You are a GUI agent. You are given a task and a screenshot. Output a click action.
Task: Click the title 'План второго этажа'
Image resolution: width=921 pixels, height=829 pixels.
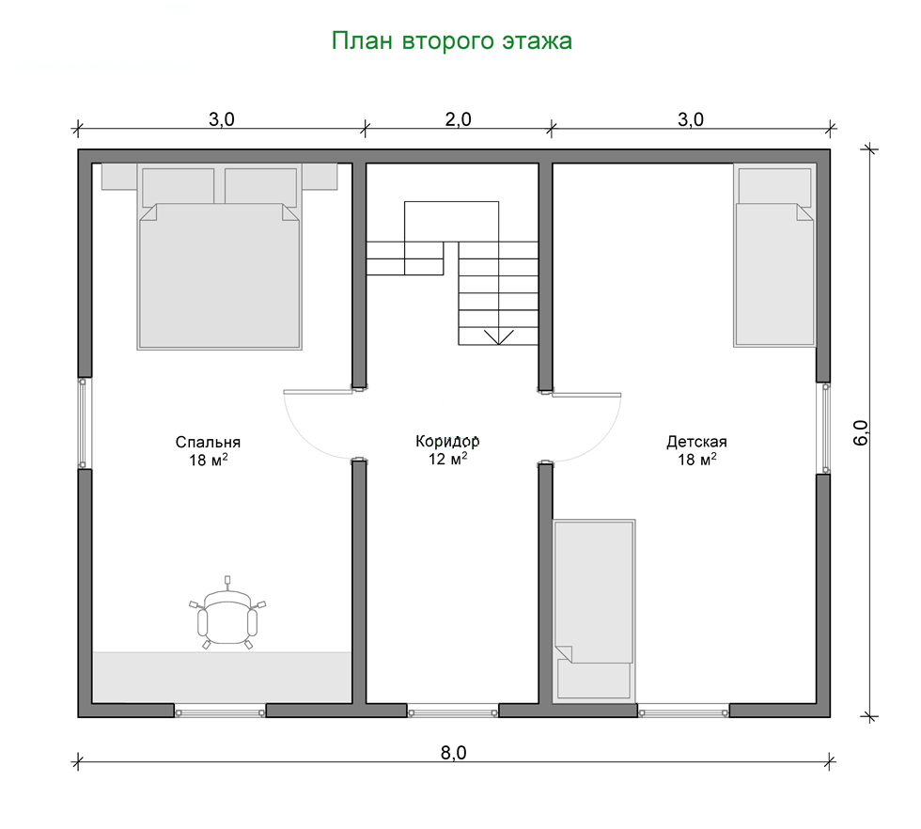tap(452, 41)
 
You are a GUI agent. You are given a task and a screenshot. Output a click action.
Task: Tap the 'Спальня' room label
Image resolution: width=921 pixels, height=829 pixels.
tap(208, 442)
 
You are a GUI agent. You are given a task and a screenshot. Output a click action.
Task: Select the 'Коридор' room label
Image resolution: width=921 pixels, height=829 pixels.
tap(447, 441)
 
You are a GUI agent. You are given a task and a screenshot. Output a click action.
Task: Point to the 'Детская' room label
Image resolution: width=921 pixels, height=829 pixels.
tap(696, 441)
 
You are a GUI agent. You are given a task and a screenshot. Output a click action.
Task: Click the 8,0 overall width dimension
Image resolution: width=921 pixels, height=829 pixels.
tap(453, 753)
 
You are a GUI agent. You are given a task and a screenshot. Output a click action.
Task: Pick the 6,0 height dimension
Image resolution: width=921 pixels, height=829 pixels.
tap(860, 433)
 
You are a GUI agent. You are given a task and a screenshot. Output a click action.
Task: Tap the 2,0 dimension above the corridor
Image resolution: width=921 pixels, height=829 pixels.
tap(459, 119)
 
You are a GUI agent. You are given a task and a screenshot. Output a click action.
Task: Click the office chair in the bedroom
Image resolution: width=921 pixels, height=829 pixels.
tap(227, 614)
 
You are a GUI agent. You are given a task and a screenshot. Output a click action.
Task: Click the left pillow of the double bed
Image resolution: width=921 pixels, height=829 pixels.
tap(178, 187)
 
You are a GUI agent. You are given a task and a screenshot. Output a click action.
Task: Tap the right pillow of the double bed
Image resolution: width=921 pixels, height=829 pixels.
tap(261, 187)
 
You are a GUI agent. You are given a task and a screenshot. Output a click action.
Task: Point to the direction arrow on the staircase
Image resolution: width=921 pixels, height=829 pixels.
tap(499, 336)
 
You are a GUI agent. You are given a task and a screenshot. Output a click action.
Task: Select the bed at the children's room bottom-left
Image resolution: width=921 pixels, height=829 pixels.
tap(594, 610)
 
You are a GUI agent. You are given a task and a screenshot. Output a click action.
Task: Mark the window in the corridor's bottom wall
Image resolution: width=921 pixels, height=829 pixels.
tap(453, 712)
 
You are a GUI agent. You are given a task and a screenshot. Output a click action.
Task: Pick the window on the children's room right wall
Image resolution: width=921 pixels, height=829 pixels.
tap(825, 429)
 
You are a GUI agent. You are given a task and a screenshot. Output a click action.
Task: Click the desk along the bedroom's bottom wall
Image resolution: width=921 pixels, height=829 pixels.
tap(223, 677)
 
